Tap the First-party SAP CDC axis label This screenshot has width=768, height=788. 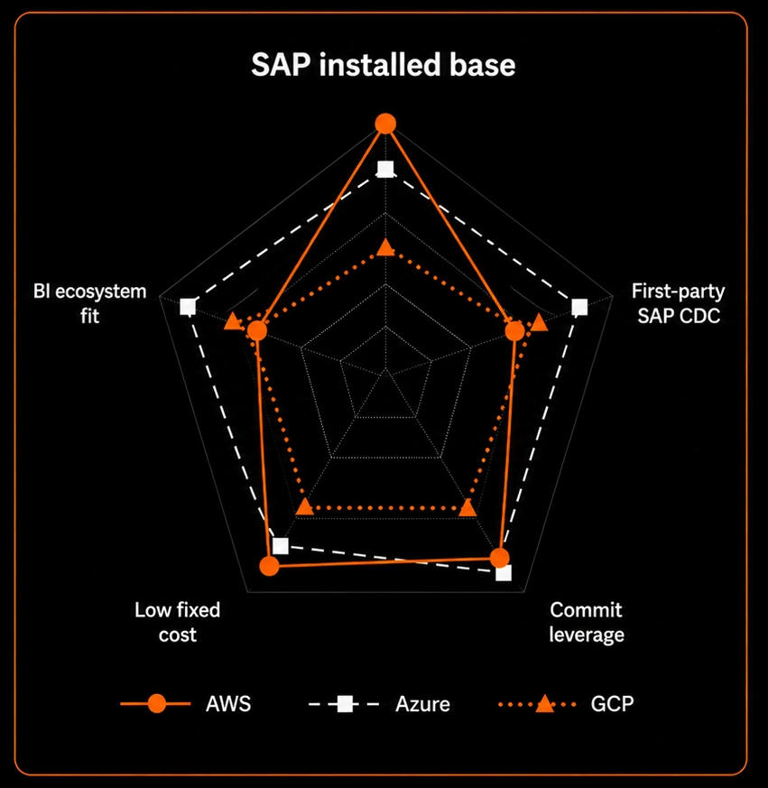(678, 303)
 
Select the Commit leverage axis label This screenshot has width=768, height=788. (586, 622)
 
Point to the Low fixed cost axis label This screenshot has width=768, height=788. (178, 622)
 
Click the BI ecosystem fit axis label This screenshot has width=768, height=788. (90, 303)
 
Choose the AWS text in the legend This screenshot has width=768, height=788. (228, 703)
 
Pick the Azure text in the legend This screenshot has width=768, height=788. (422, 703)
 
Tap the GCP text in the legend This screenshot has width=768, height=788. (612, 703)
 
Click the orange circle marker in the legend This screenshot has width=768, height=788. (157, 703)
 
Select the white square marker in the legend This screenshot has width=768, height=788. (345, 703)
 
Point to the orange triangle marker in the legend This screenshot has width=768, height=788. (544, 704)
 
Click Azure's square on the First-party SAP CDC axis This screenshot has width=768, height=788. (579, 307)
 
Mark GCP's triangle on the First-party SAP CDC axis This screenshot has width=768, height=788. (540, 322)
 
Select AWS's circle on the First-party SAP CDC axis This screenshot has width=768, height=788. (514, 331)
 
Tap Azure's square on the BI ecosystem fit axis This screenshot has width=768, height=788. (188, 306)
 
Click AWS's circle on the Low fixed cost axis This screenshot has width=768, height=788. (270, 566)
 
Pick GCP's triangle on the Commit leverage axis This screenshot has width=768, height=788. (468, 507)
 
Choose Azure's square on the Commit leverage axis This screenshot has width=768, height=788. (504, 573)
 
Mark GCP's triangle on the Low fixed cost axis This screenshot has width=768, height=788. (305, 507)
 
